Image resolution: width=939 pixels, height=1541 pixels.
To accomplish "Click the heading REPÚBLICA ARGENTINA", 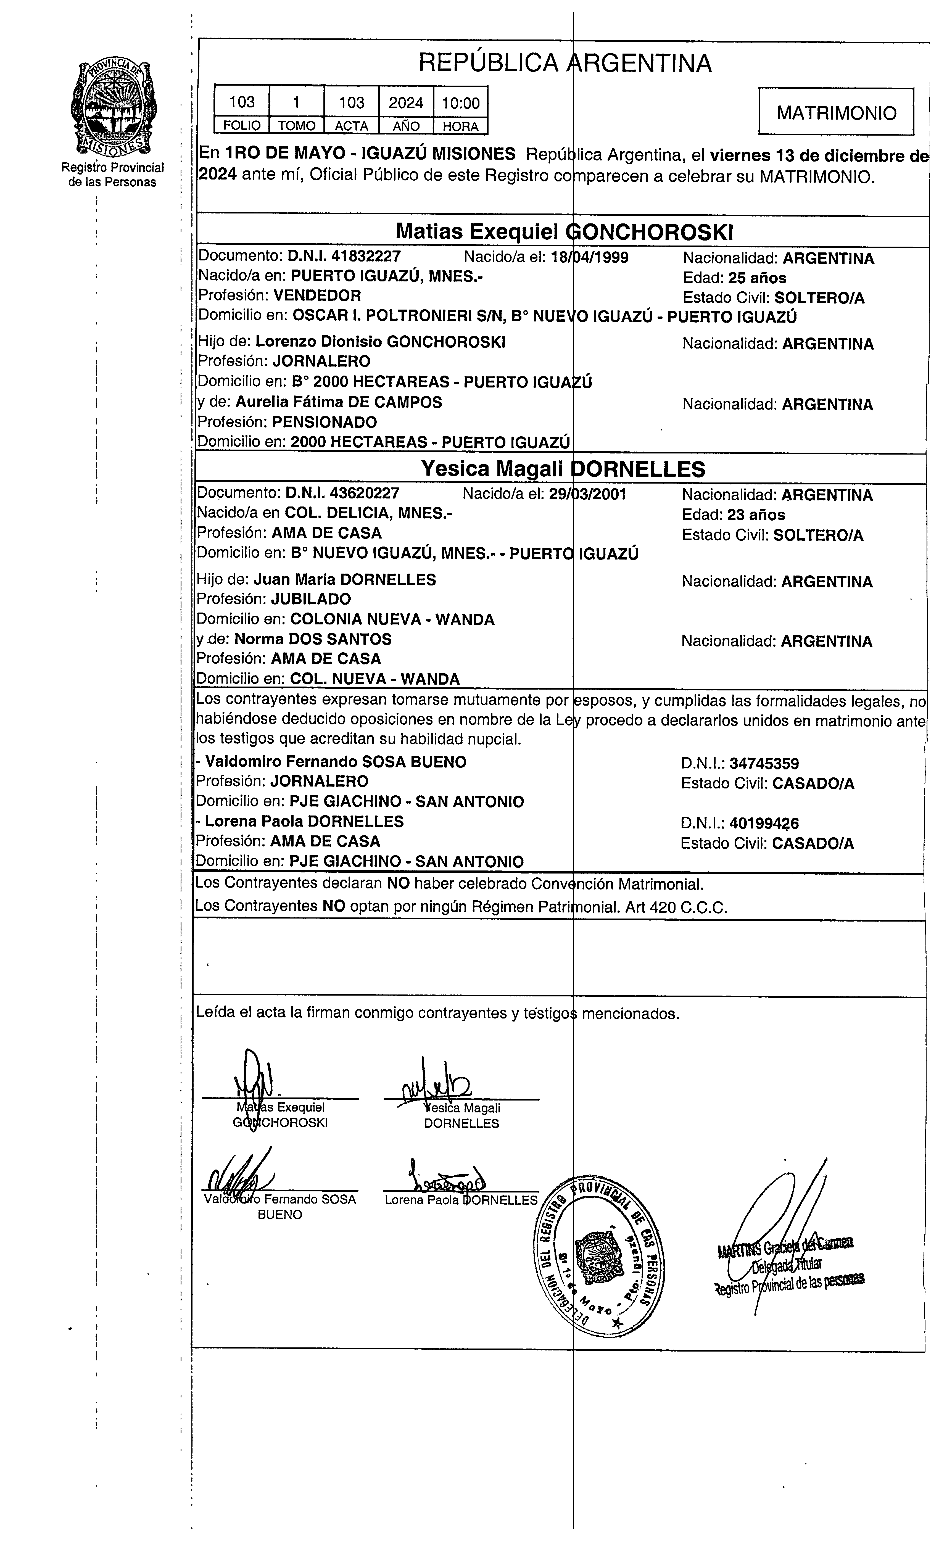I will coord(565,63).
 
